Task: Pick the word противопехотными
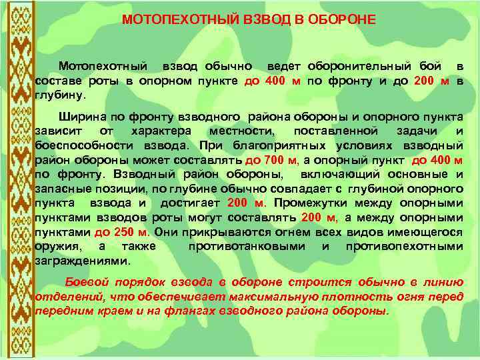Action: tap(404, 246)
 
